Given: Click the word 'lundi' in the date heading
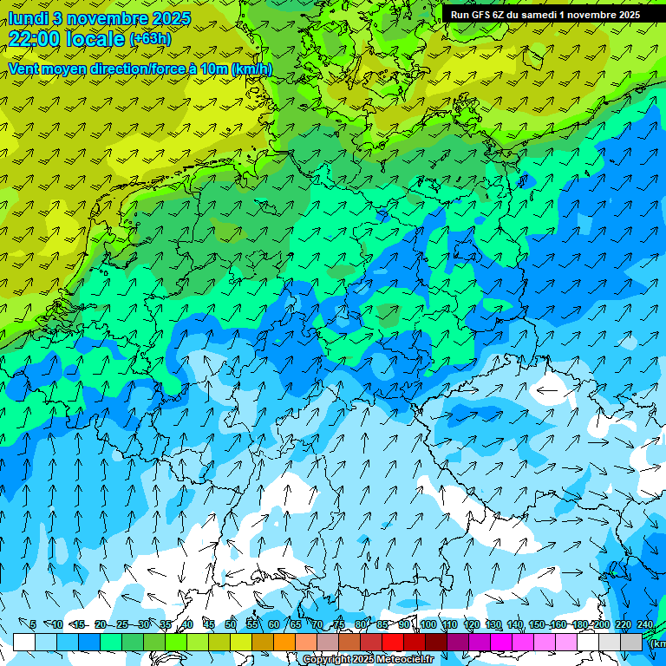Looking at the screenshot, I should (26, 18).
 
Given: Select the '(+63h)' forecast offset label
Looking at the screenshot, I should (150, 39).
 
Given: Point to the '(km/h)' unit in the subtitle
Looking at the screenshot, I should (251, 69).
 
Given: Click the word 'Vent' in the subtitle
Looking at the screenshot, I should (24, 69).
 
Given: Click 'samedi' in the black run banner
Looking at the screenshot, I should (538, 14).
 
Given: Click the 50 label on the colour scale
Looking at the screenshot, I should (231, 624).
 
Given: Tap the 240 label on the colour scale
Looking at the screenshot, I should (645, 624).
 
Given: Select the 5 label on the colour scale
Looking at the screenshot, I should (33, 624).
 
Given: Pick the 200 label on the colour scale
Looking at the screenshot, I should (601, 624).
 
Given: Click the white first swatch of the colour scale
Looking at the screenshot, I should (23, 642).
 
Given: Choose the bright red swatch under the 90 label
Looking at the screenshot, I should (393, 642).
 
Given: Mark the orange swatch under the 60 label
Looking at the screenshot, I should (263, 642).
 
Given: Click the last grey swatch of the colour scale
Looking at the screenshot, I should (631, 642).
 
